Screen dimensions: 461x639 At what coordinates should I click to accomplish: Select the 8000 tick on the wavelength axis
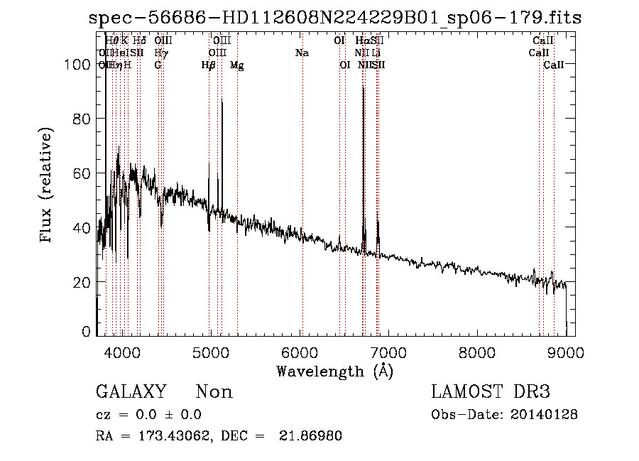coord(476,351)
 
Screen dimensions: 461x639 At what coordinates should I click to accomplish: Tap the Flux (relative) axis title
coord(47,186)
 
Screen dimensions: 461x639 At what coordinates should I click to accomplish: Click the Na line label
coord(302,53)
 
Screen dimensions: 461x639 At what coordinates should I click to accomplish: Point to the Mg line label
coord(237,65)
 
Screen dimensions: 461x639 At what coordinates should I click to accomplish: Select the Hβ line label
coord(209,65)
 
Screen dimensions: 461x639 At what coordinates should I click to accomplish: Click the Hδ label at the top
coord(139,41)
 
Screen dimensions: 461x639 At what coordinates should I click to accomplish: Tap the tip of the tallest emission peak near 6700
coord(363,87)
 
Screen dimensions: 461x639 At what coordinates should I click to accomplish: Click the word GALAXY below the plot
coord(131,392)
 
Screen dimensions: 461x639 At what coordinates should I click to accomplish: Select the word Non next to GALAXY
coord(214,392)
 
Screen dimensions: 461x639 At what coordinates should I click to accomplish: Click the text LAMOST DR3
coord(490,392)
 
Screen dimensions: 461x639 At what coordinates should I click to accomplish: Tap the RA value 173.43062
coord(168,435)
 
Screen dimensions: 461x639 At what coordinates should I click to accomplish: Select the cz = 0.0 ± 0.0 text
coord(148,415)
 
